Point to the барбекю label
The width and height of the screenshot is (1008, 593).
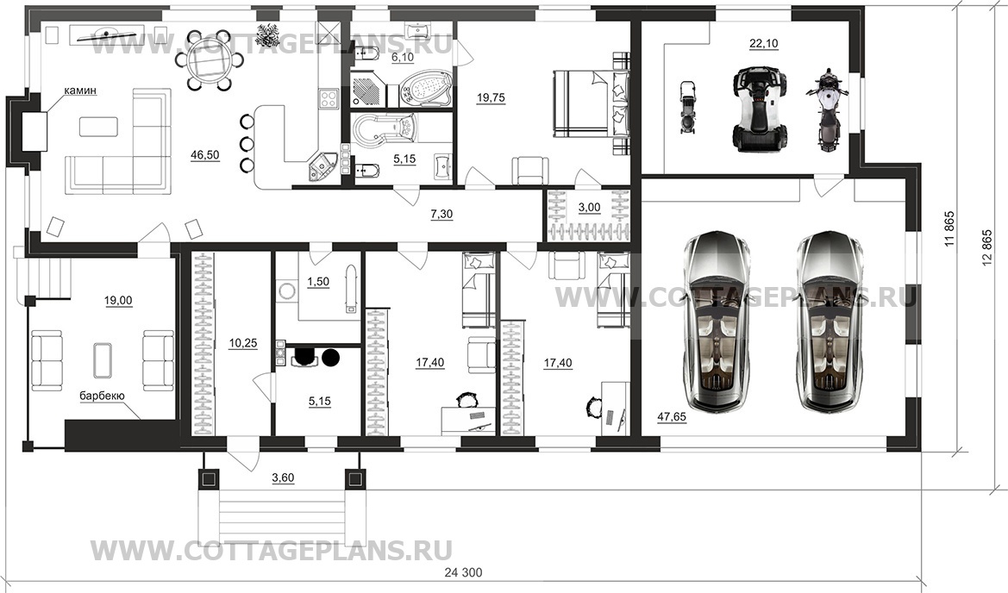tap(102, 396)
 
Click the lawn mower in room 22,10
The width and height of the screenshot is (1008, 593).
tap(687, 108)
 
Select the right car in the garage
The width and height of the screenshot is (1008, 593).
tap(829, 321)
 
